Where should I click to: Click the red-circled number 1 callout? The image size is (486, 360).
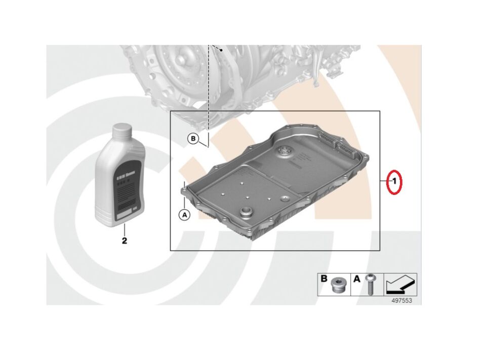(x=394, y=181)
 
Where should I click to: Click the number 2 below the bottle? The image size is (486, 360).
(x=124, y=240)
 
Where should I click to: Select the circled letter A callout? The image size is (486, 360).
(x=184, y=215)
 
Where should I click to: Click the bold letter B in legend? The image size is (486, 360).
(x=323, y=279)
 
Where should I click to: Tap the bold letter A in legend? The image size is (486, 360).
(x=357, y=279)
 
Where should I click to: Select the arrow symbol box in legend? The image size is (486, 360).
(x=400, y=285)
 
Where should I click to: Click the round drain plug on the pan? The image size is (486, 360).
(x=247, y=213)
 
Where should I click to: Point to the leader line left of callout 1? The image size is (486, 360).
(x=385, y=181)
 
